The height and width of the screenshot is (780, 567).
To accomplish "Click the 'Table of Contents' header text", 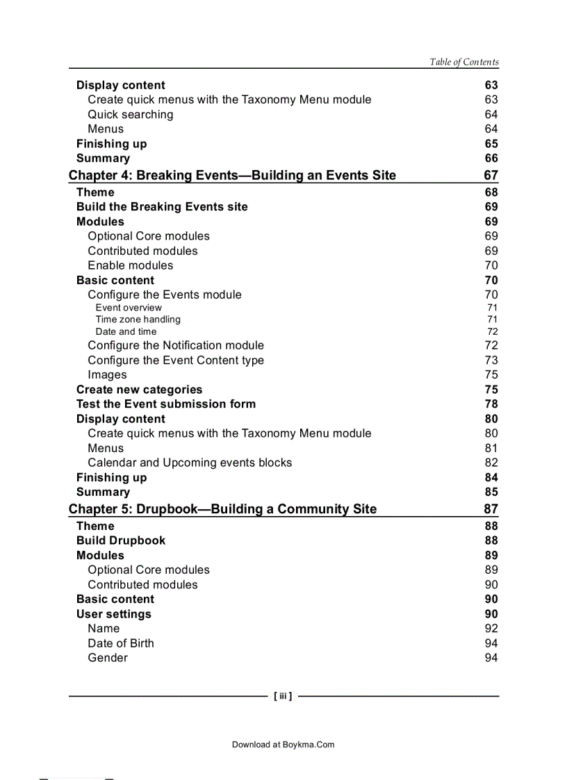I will click(463, 62).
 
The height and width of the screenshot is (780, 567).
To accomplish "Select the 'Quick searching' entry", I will click(130, 115).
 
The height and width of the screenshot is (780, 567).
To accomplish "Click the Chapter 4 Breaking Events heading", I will click(232, 175).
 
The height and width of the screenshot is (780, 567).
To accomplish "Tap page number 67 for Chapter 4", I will click(491, 175).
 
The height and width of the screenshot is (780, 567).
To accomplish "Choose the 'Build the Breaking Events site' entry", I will click(162, 207).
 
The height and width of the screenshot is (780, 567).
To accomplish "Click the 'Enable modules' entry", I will click(130, 265).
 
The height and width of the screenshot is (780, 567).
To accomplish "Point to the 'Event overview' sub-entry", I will click(129, 308).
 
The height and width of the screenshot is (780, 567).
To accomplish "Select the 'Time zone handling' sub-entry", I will click(138, 320).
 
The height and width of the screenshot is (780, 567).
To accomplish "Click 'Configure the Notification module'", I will click(176, 345).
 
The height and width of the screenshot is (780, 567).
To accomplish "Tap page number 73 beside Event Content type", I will click(491, 360).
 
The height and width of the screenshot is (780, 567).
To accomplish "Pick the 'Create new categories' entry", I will click(139, 390).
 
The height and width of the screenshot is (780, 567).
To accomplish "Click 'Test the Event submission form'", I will click(166, 404).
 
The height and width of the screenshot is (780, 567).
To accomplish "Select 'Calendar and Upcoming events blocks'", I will click(190, 463).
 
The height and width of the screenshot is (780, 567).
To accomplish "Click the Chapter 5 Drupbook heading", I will click(222, 509).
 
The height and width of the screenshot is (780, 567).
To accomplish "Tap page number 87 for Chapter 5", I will click(491, 509).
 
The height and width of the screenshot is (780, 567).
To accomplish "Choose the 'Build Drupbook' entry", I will click(121, 540).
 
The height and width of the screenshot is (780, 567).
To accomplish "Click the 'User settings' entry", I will click(113, 614).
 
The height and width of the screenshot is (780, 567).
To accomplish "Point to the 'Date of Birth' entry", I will click(121, 643).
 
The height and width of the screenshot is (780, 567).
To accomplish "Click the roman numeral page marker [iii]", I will click(283, 695).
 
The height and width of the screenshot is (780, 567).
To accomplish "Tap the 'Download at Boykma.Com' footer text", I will click(283, 745).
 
